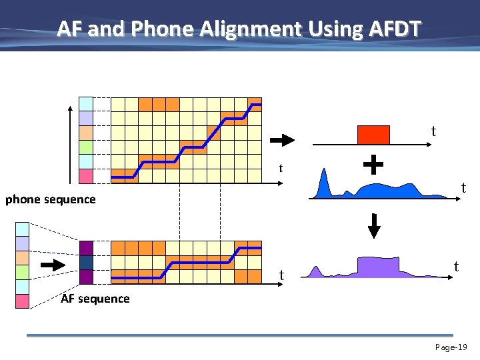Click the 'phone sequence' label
(51, 199)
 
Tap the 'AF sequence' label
(95, 299)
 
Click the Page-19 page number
(451, 347)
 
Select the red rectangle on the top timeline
(373, 135)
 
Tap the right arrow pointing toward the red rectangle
(282, 141)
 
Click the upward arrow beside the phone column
(69, 143)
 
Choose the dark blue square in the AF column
(86, 263)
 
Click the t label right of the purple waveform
(456, 267)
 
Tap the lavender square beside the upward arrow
(86, 118)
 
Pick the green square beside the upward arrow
(86, 147)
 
